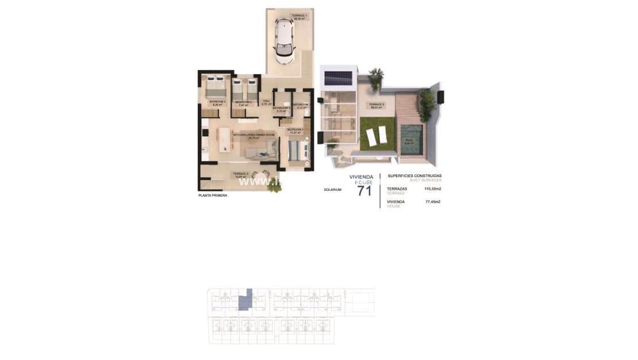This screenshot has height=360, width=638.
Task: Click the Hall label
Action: click(266, 102)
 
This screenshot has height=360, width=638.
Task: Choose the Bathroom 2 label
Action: click(282, 109)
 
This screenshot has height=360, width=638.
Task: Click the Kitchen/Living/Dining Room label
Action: click(253, 136)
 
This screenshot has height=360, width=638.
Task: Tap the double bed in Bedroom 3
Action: click(216, 87)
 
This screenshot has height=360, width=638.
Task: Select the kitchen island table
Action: click(223, 139)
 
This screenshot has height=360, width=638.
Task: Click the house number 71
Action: click(364, 191)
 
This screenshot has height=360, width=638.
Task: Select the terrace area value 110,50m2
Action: click(433, 189)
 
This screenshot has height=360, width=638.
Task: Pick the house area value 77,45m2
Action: click(433, 202)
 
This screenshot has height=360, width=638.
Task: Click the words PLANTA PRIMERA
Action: click(212, 196)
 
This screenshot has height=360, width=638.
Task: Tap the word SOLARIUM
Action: click(332, 189)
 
